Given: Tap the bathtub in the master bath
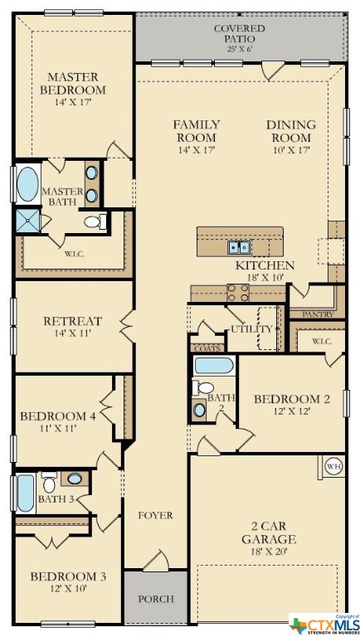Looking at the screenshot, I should point(27,184).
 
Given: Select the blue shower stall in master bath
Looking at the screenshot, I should point(24,220).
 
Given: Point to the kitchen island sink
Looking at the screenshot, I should point(240,246).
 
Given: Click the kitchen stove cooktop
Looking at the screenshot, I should point(238,292).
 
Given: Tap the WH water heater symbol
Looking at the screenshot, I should point(333,465).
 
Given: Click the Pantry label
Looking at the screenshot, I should point(318,315).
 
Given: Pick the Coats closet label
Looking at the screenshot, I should point(205,348).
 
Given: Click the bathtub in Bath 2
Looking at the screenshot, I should point(214,365).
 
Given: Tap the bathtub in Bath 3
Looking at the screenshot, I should point(24,493).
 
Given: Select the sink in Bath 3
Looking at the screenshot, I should point(75,479).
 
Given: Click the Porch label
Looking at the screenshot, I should point(156,598).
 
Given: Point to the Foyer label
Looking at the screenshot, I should point(155,515).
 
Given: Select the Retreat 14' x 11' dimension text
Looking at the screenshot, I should point(73,336).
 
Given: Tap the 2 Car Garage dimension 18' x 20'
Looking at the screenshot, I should point(268,552).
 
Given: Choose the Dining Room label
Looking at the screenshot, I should point(290,131).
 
